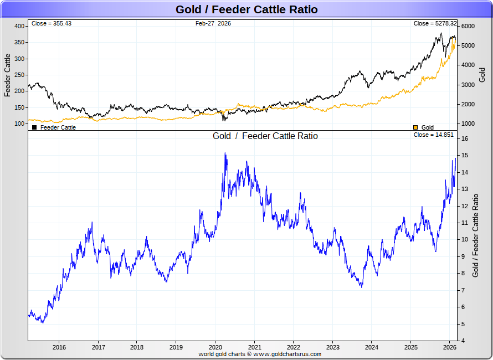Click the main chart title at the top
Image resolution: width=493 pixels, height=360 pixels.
[247, 9]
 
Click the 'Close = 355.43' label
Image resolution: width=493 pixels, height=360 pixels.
[52, 23]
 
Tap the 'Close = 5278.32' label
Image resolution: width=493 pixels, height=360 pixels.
[435, 23]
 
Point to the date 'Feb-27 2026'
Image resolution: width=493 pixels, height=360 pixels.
[213, 23]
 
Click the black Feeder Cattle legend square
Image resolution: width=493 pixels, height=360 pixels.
[34, 127]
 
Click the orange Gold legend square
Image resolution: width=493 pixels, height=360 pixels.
[415, 127]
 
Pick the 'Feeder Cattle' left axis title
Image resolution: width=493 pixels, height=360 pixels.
[8, 75]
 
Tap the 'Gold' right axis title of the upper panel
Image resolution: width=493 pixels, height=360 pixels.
[482, 75]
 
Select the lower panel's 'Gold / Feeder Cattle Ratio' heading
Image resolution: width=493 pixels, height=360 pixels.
[265, 136]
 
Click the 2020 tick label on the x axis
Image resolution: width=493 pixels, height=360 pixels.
[215, 347]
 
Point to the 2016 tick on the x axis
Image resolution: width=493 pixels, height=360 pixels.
[59, 347]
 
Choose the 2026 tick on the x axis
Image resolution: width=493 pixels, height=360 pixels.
[449, 347]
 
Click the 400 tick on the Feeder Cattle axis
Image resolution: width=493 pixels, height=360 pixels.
[19, 26]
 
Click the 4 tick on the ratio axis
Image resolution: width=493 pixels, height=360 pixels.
[464, 341]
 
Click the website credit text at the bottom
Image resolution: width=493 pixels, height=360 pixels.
[260, 353]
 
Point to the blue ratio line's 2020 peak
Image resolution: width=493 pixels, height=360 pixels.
[225, 153]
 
